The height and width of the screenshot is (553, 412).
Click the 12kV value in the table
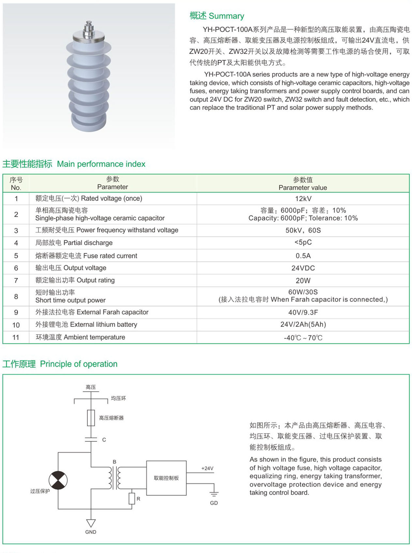(x=303, y=198)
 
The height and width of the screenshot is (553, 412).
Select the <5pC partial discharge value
(x=303, y=242)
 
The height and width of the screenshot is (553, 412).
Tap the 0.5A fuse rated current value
(x=303, y=256)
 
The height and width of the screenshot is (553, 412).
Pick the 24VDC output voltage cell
(x=303, y=268)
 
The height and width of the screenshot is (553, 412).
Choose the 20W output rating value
(x=303, y=281)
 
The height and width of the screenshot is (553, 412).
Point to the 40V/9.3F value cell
(x=303, y=313)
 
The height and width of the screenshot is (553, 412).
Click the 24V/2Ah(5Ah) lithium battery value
(x=303, y=325)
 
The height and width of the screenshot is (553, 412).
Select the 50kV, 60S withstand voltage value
(x=303, y=230)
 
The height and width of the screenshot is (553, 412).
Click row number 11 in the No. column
(x=16, y=338)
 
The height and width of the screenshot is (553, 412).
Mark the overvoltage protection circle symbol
(x=58, y=480)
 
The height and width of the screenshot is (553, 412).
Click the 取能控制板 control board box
(x=166, y=478)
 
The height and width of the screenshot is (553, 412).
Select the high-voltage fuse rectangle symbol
(x=91, y=418)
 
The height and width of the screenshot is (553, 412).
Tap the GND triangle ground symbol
(x=91, y=523)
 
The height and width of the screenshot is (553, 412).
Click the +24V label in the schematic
(x=207, y=468)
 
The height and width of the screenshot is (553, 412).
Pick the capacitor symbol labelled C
(x=91, y=440)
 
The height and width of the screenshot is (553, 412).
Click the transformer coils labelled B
(x=114, y=478)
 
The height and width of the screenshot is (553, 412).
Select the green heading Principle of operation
(x=79, y=364)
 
